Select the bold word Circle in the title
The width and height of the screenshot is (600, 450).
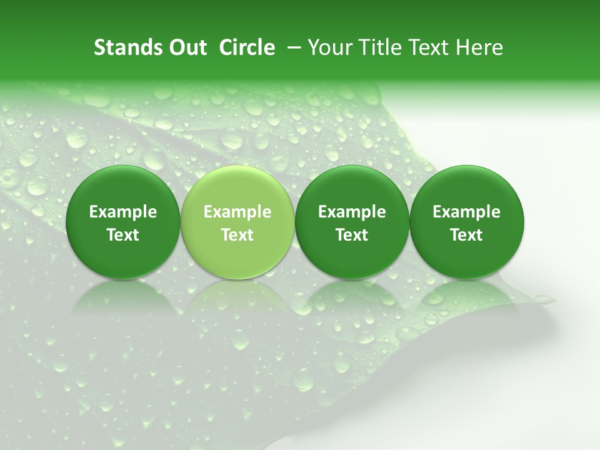coord(247,47)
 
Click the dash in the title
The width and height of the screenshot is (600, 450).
coord(292,48)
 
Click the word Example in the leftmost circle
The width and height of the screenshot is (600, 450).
coord(123,212)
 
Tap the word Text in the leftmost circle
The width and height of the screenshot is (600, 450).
coord(123,235)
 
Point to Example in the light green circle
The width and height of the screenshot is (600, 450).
coord(237,212)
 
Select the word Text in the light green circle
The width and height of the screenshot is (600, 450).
coord(237,235)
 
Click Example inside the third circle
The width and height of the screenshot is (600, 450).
coord(352,212)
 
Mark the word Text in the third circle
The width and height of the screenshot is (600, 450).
coord(352,235)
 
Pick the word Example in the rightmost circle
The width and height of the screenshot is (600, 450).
coord(466,212)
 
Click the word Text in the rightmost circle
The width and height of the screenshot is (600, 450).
coord(466,235)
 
